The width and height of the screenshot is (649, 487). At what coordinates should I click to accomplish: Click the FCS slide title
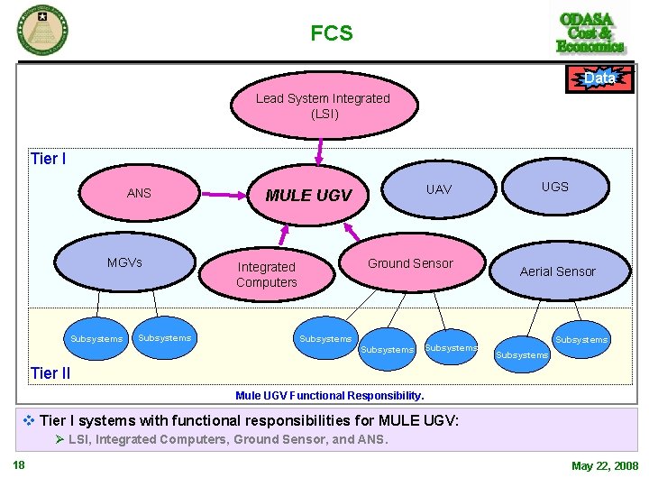(x=331, y=34)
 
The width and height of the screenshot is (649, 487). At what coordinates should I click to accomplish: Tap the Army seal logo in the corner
(x=41, y=29)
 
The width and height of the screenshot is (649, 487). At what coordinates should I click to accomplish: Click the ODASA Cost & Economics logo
(x=590, y=32)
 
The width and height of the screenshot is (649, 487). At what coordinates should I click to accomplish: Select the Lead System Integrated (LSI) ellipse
(x=323, y=106)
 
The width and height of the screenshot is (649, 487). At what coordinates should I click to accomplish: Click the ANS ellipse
(x=140, y=193)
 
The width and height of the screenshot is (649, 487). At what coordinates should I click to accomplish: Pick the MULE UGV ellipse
(x=308, y=195)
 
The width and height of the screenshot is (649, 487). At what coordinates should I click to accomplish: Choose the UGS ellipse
(x=554, y=187)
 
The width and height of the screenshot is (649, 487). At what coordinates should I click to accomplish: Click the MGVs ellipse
(x=124, y=262)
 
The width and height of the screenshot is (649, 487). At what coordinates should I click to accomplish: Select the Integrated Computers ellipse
(x=267, y=274)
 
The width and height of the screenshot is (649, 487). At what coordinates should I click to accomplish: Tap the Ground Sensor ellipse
(x=410, y=263)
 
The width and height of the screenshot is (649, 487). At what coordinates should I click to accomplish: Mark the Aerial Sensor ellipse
(x=557, y=271)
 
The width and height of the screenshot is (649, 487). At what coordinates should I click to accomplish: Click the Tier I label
(x=48, y=160)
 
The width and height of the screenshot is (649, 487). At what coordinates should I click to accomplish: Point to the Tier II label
(x=50, y=373)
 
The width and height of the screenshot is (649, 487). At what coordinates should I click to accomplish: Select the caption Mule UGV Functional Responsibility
(x=329, y=395)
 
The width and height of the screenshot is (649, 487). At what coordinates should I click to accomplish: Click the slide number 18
(x=18, y=465)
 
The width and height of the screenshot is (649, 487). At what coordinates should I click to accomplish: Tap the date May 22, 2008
(x=604, y=466)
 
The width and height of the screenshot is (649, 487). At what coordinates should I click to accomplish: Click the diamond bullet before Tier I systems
(x=29, y=420)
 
